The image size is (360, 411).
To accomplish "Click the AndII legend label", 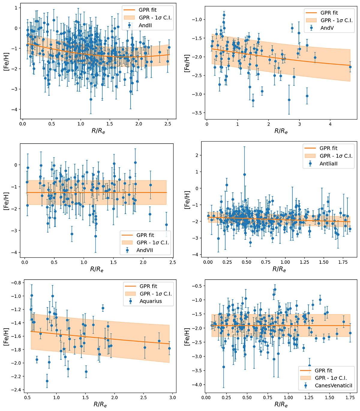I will [145, 25].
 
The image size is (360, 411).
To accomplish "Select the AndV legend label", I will [327, 28].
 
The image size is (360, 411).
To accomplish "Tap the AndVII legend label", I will [145, 250].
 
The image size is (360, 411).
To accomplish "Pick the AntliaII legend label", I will [328, 164].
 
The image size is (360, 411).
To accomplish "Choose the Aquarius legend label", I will [151, 301].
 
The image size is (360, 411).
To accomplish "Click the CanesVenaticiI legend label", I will [334, 386].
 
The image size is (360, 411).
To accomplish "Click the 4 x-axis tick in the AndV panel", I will [330, 124].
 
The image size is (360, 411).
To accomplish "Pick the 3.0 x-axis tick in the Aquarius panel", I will [172, 398].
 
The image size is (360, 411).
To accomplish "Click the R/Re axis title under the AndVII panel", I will [97, 269].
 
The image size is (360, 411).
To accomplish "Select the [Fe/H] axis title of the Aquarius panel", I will [6, 337].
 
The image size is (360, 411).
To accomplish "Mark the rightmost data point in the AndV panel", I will [350, 67].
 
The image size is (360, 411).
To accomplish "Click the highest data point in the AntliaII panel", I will [244, 174].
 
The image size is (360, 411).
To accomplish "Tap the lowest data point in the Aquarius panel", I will [47, 381].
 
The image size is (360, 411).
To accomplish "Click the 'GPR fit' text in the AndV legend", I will [329, 13].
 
